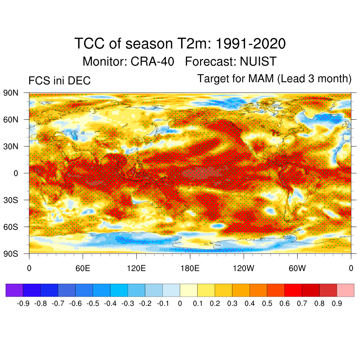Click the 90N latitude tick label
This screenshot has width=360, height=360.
(11, 93)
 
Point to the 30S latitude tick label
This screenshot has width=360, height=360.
(11, 200)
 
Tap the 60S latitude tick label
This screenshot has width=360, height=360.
(11, 227)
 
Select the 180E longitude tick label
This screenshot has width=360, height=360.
(190, 269)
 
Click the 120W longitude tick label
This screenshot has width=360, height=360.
(244, 269)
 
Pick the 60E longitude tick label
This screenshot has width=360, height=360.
(83, 269)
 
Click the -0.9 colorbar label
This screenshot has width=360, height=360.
(23, 303)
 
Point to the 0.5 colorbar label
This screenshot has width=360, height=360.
(267, 303)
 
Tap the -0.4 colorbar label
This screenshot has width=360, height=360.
(110, 303)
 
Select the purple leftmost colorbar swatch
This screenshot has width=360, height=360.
(14, 290)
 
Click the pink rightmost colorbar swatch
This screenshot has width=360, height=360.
(345, 290)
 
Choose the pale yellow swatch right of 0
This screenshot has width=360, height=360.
(188, 290)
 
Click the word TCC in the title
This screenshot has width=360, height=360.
(89, 44)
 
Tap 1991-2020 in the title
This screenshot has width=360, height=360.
(250, 44)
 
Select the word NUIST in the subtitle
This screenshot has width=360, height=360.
(258, 62)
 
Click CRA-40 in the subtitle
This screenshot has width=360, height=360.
(152, 62)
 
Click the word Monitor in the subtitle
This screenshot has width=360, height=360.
(105, 62)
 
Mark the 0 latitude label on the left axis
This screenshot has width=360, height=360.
(16, 173)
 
